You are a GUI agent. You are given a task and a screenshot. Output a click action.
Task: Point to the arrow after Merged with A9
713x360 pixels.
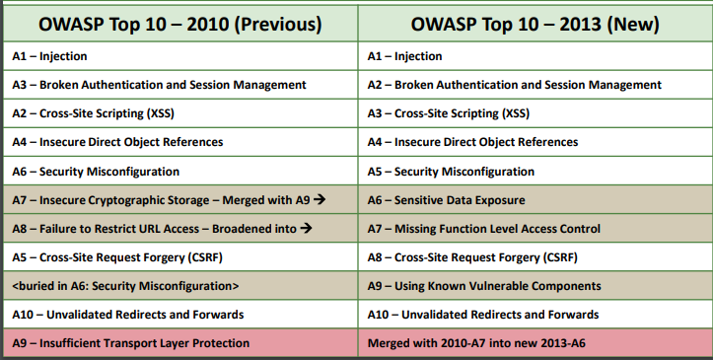[321, 200]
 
